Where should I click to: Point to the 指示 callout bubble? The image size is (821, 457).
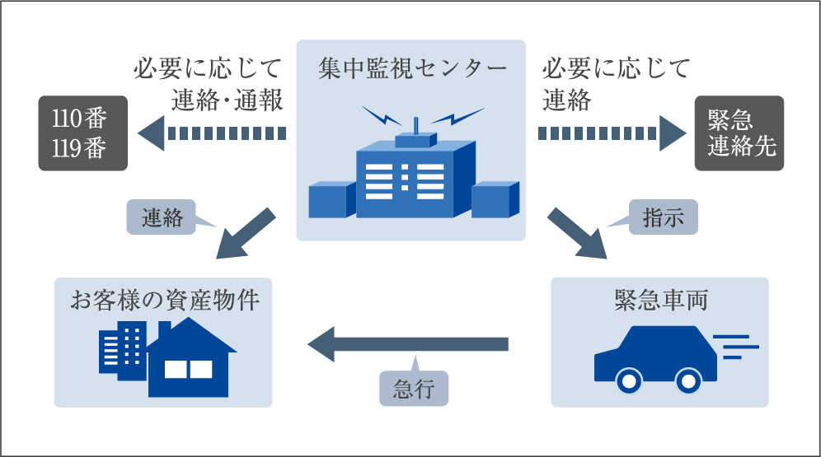663,218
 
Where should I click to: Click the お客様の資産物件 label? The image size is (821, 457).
164,300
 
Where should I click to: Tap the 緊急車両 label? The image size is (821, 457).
660,300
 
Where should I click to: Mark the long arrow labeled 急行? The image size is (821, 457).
408,343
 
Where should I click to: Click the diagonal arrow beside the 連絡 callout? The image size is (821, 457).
246,233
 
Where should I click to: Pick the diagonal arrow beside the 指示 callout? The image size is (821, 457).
576,233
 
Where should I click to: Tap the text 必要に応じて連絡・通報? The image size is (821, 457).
209,84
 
